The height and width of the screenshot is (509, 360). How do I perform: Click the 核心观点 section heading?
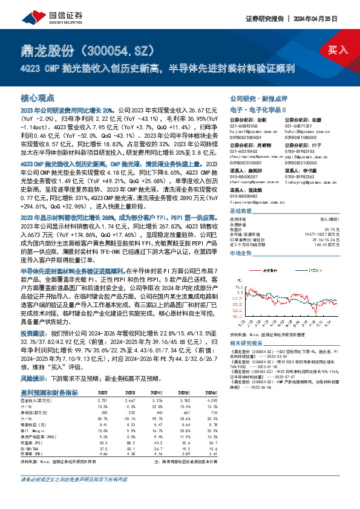pyautogui.click(x=38, y=97)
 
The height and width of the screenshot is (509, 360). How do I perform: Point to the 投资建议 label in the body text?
pyautogui.click(x=31, y=333)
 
